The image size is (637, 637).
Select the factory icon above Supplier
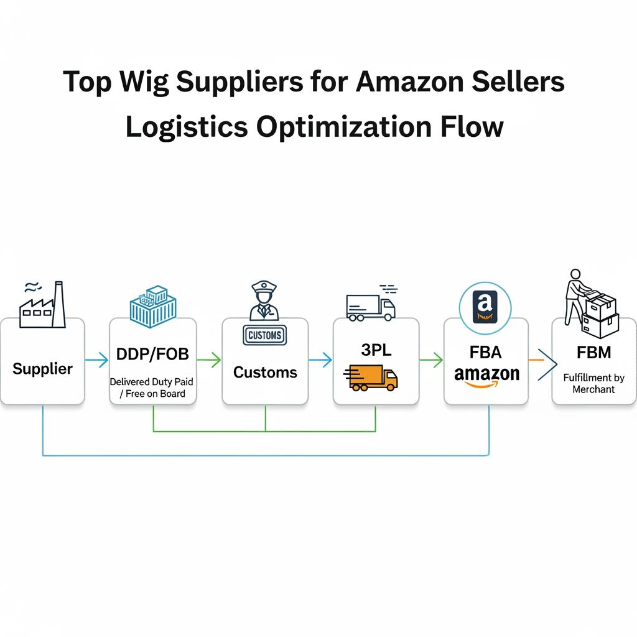[42, 304]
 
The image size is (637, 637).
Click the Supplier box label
[42, 368]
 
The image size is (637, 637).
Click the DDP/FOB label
[152, 355]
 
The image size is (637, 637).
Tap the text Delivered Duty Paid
[151, 382]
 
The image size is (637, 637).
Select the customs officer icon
[264, 301]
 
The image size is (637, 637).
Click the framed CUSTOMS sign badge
[264, 335]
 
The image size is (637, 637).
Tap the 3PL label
[376, 350]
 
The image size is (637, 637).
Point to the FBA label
[486, 352]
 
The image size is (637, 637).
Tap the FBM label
[593, 353]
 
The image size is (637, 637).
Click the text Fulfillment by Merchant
[593, 383]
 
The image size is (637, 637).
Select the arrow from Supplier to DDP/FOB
[96, 359]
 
